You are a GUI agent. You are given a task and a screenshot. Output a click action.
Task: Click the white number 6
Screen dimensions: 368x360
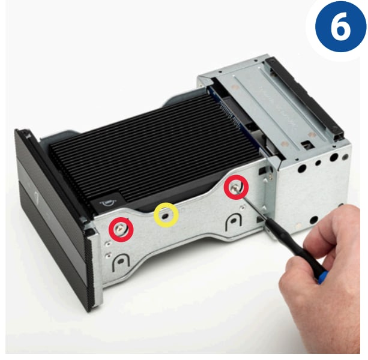pyautogui.click(x=341, y=26)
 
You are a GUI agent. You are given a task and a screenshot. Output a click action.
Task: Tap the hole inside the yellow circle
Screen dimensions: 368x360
pyautogui.click(x=166, y=215)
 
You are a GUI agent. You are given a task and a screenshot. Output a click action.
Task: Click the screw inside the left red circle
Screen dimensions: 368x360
pyautogui.click(x=121, y=229)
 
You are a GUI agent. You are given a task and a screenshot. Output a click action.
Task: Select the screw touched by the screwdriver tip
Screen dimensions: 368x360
pyautogui.click(x=235, y=187)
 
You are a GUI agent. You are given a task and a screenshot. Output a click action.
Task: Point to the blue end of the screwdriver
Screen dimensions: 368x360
pyautogui.click(x=322, y=277)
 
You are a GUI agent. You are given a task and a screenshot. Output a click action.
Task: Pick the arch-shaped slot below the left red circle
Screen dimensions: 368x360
pyautogui.click(x=121, y=262)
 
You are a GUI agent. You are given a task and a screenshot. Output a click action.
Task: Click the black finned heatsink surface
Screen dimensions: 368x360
pyautogui.click(x=152, y=145)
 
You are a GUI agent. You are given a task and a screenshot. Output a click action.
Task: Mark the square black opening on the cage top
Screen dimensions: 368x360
pyautogui.click(x=307, y=144)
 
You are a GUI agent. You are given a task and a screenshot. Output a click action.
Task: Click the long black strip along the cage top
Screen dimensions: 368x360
pyautogui.click(x=305, y=97)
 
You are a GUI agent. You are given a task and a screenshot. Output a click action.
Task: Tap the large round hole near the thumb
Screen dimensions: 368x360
pyautogui.click(x=314, y=220)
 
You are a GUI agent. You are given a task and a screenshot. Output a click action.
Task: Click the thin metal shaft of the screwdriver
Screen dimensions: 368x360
pyautogui.click(x=252, y=203)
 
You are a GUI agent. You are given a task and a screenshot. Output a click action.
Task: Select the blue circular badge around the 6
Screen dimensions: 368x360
pyautogui.click(x=340, y=26)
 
